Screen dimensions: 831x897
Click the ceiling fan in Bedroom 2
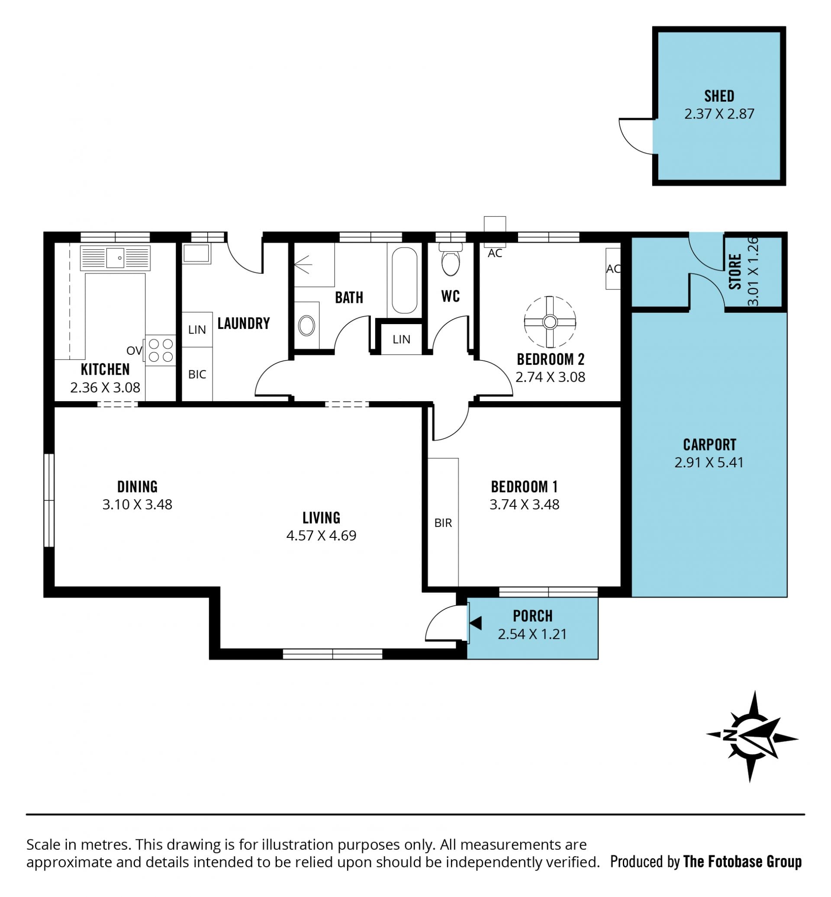[550, 322]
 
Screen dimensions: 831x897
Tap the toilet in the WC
[451, 260]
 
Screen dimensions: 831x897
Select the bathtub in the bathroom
[404, 280]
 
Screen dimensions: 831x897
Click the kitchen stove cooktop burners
[161, 350]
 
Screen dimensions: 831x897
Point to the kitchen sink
[115, 258]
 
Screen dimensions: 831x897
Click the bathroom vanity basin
[306, 325]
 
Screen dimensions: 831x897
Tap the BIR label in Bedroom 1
[443, 523]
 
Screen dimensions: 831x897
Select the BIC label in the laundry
[197, 374]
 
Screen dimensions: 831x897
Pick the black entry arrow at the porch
[476, 623]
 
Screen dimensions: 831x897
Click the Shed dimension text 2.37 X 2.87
[719, 114]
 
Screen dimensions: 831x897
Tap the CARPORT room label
[709, 445]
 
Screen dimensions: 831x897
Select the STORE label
[735, 272]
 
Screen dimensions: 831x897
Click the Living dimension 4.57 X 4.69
[321, 536]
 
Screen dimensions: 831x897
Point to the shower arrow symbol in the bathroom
[303, 264]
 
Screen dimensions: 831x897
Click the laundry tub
[196, 254]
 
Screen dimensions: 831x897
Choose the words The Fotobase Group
[742, 862]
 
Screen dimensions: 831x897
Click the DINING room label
[137, 486]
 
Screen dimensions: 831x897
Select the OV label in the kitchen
[135, 350]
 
